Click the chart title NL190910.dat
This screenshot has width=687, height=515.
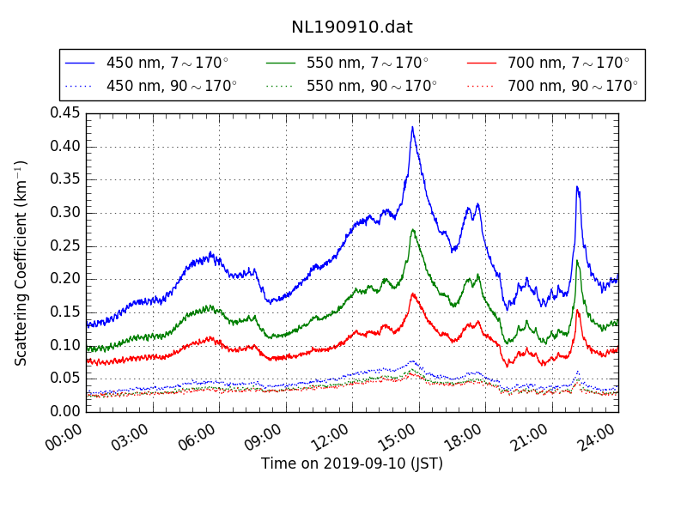pos(351,27)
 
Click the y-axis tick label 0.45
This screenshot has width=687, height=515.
pos(64,113)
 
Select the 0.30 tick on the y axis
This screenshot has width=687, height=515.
pos(64,213)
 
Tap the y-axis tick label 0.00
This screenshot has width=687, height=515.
pos(64,412)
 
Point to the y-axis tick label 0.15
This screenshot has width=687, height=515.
pos(64,312)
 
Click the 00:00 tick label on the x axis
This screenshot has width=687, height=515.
pos(65,434)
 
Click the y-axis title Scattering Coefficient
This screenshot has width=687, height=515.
pos(21,263)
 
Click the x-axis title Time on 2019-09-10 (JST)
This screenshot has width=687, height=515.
pos(351,464)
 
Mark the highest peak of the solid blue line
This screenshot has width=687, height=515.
pos(412,127)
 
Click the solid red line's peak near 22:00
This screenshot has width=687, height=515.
pos(578,310)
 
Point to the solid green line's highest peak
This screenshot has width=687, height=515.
pos(413,229)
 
